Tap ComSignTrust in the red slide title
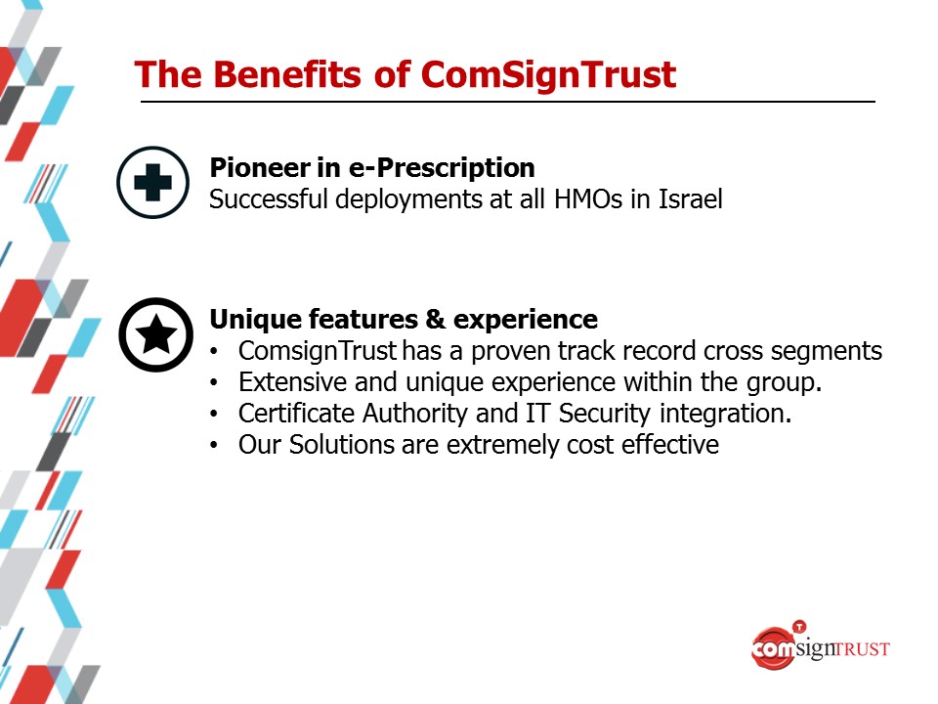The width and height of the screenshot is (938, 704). (x=548, y=76)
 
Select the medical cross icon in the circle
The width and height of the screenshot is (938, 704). (x=153, y=182)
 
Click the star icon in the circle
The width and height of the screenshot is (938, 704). (x=156, y=334)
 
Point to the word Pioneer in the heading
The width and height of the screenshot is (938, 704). (x=259, y=167)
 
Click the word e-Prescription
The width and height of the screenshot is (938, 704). (x=442, y=168)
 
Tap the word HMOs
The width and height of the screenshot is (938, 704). (x=588, y=198)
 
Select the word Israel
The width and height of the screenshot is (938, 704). (x=691, y=198)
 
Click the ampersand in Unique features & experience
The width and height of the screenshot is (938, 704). (x=436, y=319)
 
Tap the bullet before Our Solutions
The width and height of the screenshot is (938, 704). (x=214, y=446)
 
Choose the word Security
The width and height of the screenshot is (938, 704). (x=604, y=414)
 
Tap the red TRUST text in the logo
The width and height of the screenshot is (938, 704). (x=862, y=649)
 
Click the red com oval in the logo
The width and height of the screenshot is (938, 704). (x=773, y=647)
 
